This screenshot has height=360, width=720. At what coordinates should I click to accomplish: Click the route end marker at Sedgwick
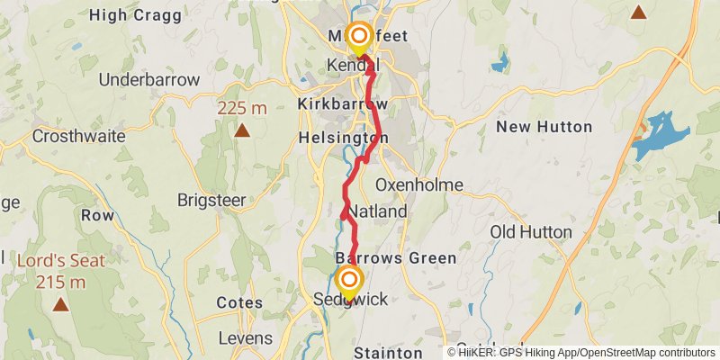coord(348,280)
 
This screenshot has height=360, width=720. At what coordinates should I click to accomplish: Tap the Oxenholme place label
coord(418,184)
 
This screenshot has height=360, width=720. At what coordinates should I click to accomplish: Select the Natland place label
coord(378,212)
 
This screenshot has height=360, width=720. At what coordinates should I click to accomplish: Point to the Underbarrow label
coord(148,79)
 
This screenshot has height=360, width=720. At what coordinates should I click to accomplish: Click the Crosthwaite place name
coord(76,136)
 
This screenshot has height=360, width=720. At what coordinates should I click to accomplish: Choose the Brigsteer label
coord(211,200)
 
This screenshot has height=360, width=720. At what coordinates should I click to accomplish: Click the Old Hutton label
coord(531,232)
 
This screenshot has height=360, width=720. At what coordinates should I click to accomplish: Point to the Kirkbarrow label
coord(342,104)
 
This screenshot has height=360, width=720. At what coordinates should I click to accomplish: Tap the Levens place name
coord(245,338)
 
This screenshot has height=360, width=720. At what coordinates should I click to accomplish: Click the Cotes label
coord(238,303)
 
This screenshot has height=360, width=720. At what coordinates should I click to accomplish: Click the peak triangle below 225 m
coord(241,130)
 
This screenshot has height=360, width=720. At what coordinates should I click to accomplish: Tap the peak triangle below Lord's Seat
coord(59,303)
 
